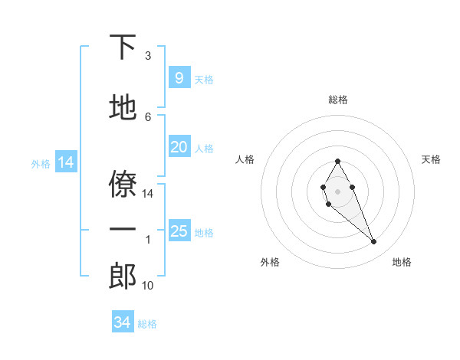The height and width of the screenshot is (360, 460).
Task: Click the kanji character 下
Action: click(x=123, y=48)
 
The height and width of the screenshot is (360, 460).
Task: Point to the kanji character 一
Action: click(x=123, y=231)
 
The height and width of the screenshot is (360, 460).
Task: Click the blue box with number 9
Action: click(x=179, y=77)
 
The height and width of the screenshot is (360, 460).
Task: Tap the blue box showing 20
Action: click(x=179, y=147)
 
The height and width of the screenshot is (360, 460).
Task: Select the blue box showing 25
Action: click(x=179, y=231)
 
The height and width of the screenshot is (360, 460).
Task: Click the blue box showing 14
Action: click(x=65, y=162)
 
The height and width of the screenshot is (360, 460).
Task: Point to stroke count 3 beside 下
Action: click(x=148, y=56)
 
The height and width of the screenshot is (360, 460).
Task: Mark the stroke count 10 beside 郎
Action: click(x=148, y=286)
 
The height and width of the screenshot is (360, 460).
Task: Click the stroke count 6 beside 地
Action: click(x=148, y=116)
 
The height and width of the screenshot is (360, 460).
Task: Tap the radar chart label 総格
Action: click(x=337, y=100)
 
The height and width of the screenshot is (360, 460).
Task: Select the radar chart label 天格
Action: click(x=431, y=159)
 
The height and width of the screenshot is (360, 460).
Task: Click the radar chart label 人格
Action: click(x=245, y=159)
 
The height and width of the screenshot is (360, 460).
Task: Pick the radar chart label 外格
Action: click(x=270, y=262)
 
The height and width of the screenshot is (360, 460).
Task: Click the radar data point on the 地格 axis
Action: click(x=373, y=241)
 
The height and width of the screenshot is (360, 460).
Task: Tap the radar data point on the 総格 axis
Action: click(x=337, y=161)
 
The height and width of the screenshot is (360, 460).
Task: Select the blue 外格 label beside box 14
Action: click(x=40, y=163)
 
